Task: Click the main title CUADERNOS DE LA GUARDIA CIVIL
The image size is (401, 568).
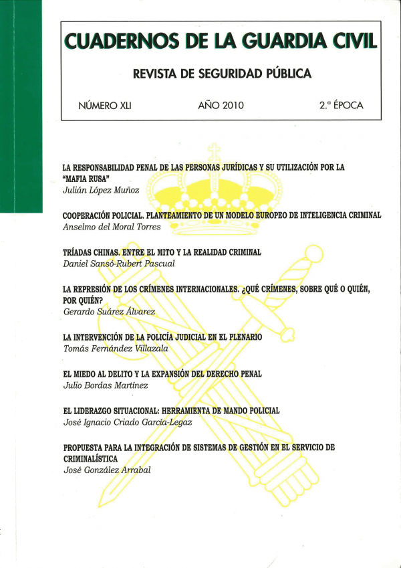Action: pos(220,42)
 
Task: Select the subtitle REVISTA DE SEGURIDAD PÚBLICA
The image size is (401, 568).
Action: pos(223,74)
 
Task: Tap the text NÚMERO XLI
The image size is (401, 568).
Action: pos(105,105)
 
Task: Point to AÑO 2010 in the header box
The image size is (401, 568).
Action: pos(221,105)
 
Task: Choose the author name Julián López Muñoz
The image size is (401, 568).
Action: pos(96,192)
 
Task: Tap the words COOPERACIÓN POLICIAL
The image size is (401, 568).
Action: pos(100,215)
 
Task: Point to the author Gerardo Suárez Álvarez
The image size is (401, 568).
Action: pos(108,312)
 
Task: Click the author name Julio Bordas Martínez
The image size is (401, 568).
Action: pos(101,386)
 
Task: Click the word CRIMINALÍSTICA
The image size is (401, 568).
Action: pos(90,458)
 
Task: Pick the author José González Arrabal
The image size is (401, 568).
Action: pos(107,470)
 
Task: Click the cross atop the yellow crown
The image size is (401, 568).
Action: pos(214,151)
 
